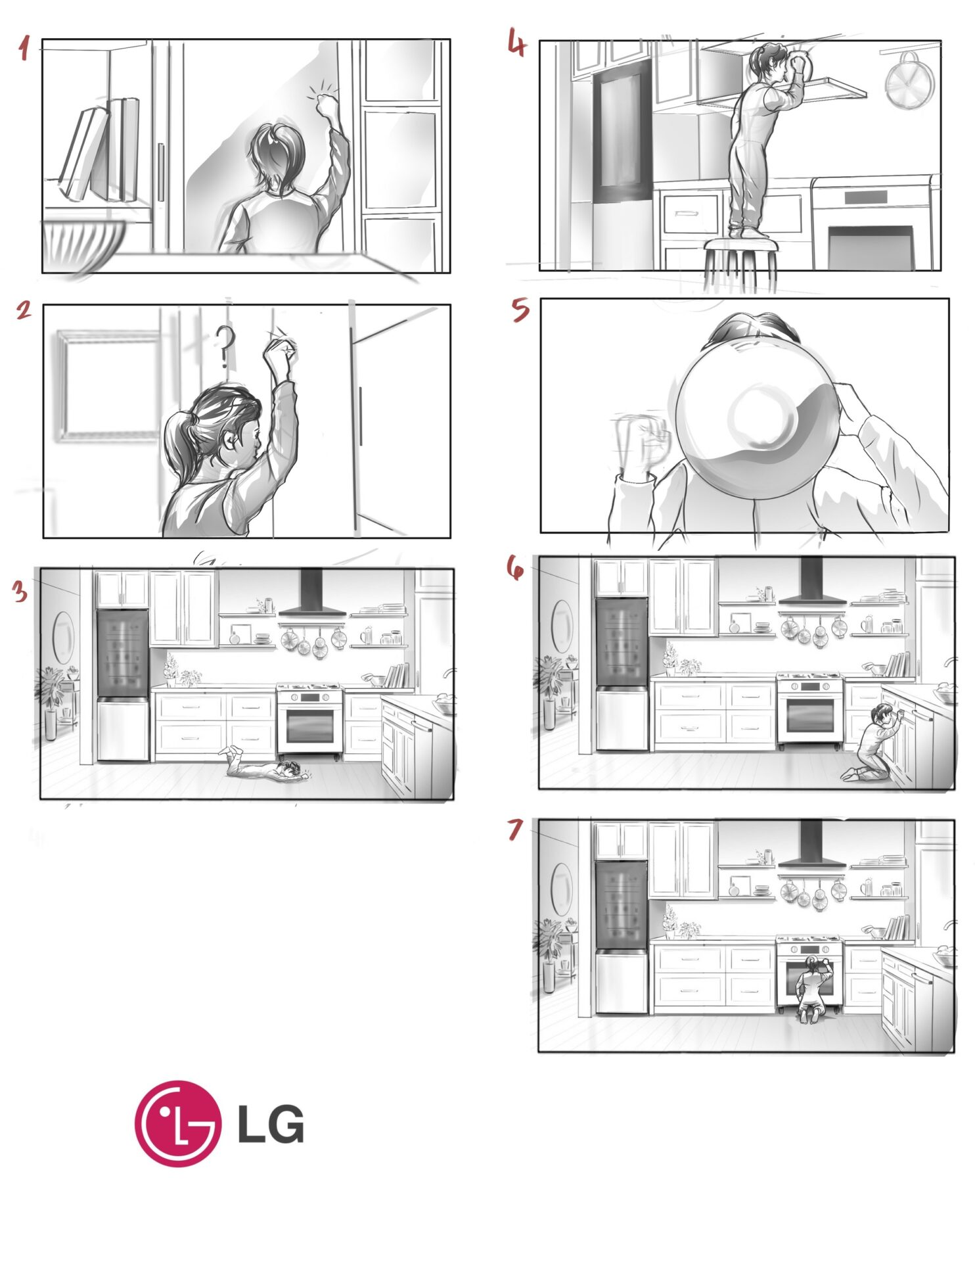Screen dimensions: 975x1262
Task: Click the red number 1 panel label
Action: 24,48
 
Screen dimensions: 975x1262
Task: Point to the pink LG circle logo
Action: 177,1123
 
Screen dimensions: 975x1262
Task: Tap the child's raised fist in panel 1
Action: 325,105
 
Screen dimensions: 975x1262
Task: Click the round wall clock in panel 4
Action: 909,82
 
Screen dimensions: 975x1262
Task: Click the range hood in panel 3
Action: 312,596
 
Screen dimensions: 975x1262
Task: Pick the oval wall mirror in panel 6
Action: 562,626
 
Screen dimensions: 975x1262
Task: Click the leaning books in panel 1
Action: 101,150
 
